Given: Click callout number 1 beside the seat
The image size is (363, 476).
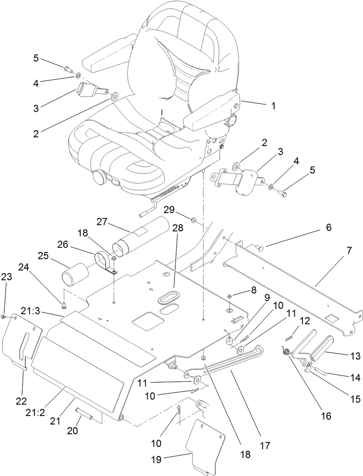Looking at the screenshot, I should [x=273, y=106].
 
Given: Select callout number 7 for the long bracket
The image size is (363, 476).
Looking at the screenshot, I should [x=349, y=251].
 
